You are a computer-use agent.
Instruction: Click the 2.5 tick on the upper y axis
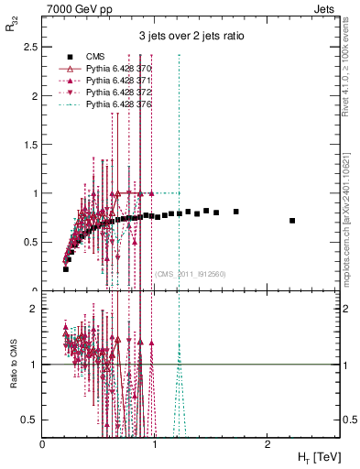[33, 47]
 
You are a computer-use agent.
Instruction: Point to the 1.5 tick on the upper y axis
[33, 145]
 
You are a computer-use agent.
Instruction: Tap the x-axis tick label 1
[155, 444]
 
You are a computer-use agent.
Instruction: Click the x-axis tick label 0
[43, 444]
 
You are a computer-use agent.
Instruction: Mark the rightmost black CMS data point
[292, 221]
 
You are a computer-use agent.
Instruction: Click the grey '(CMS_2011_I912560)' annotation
[190, 273]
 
